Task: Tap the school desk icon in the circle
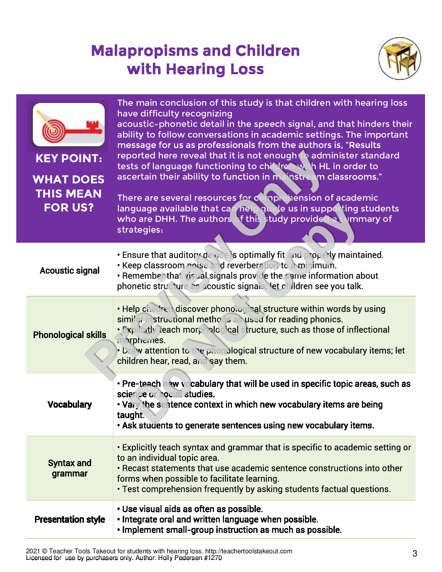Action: point(399,58)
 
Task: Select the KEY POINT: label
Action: point(69,158)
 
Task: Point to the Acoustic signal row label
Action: point(70,270)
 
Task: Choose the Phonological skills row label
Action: point(70,335)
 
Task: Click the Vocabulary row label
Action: point(70,405)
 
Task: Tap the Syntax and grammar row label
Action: point(70,468)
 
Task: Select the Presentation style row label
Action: point(70,519)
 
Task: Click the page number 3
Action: point(415,553)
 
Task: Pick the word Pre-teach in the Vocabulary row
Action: point(141,384)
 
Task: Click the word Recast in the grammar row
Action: point(135,468)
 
